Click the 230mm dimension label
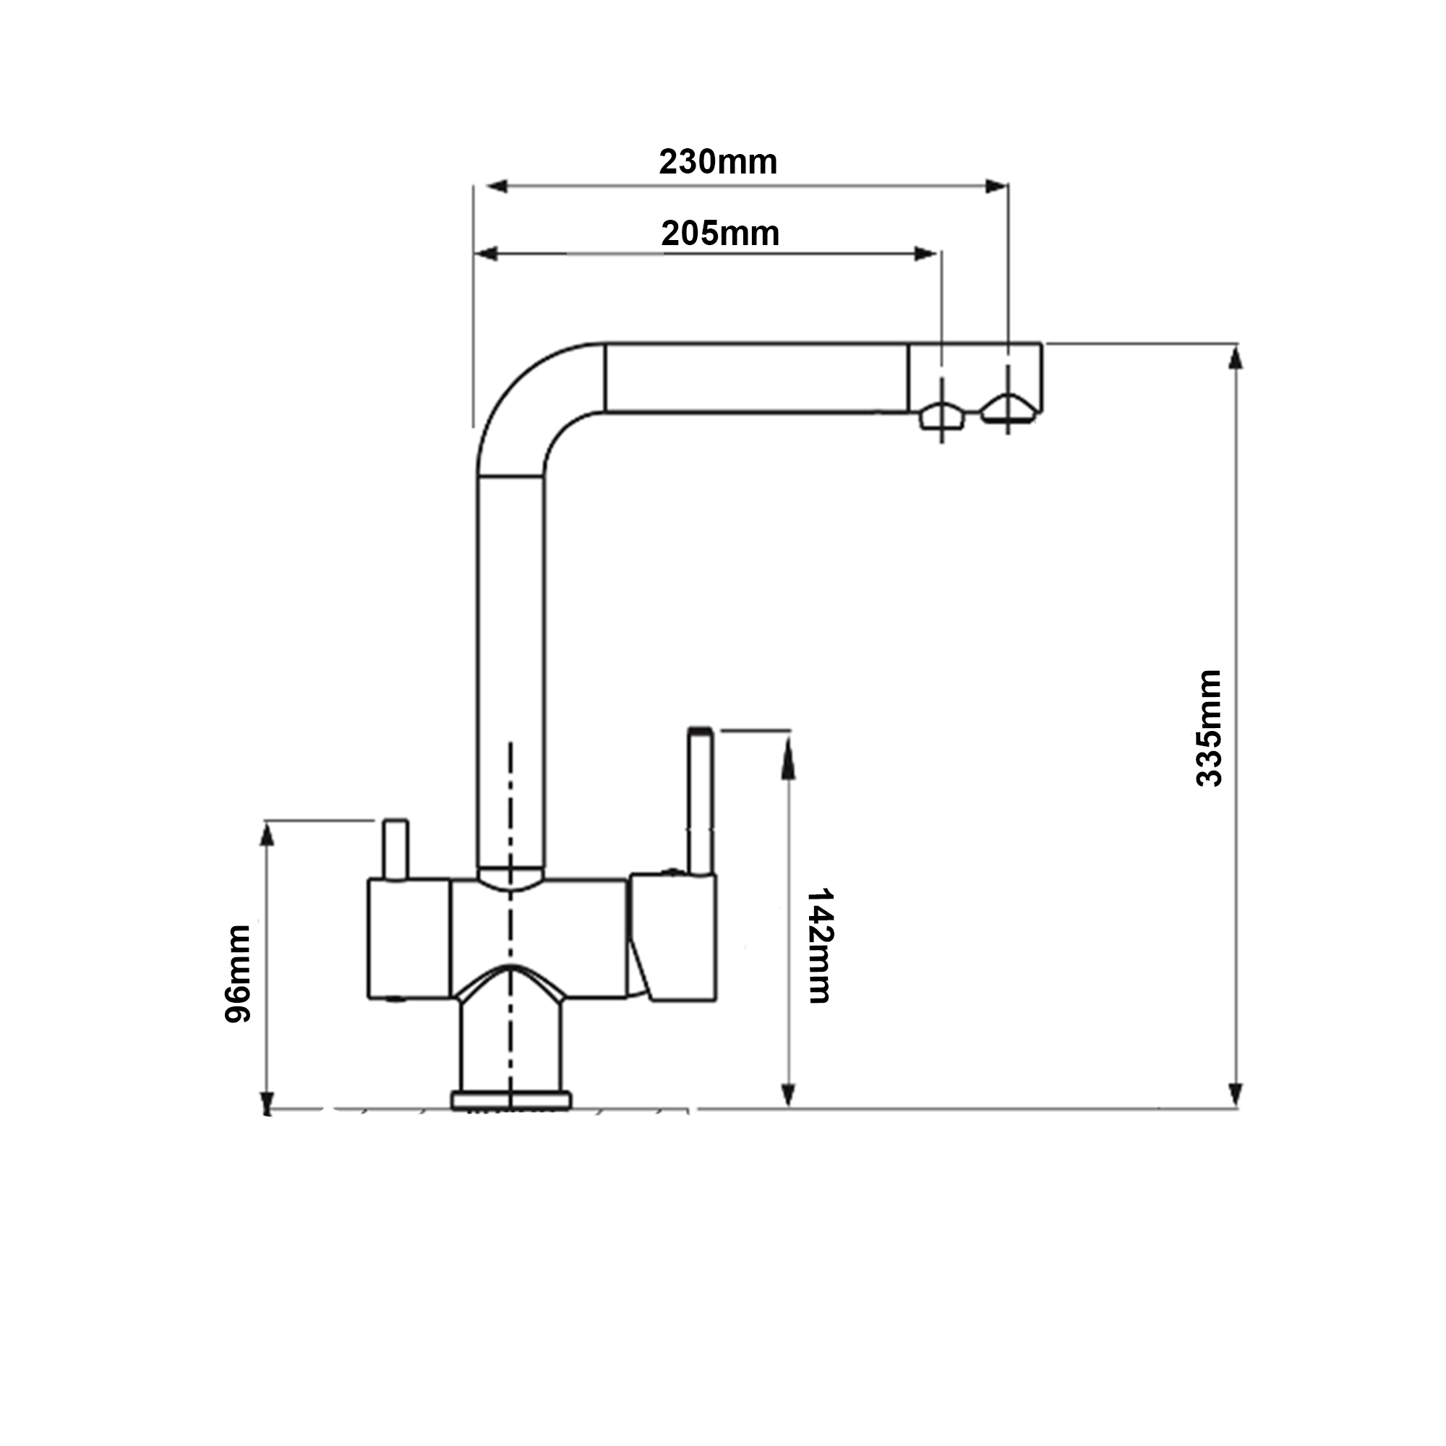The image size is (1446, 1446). [x=718, y=163]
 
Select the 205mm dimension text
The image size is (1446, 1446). [x=720, y=234]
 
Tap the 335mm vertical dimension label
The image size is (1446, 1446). [x=1208, y=727]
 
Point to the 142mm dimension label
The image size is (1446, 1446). [x=821, y=946]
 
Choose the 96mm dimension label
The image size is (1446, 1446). [x=238, y=975]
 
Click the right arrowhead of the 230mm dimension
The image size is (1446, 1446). [x=996, y=187]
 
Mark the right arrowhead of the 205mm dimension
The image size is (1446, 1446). [x=926, y=254]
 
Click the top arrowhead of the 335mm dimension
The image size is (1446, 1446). [x=1236, y=358]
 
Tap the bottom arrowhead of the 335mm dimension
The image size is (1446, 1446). [x=1236, y=1095]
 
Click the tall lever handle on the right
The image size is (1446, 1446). [x=700, y=801]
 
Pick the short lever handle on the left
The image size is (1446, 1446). [x=395, y=850]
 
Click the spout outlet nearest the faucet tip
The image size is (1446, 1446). [x=1007, y=409]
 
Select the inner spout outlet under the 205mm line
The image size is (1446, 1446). [x=941, y=416]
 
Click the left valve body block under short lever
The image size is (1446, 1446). [x=408, y=939]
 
